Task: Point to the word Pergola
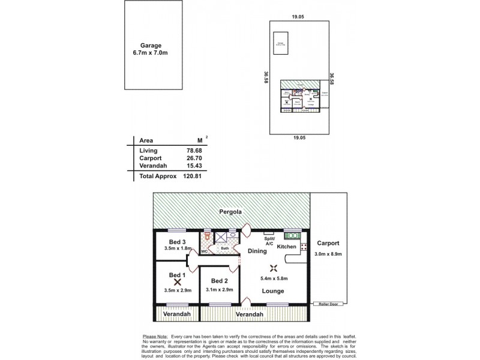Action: [x=230, y=212]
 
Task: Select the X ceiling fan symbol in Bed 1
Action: [x=177, y=281]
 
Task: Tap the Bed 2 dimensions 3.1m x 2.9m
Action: [x=220, y=290]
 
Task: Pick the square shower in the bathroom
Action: [x=220, y=237]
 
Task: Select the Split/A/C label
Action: [x=269, y=241]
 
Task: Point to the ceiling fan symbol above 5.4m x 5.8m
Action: [x=274, y=268]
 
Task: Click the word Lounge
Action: [x=272, y=291]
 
